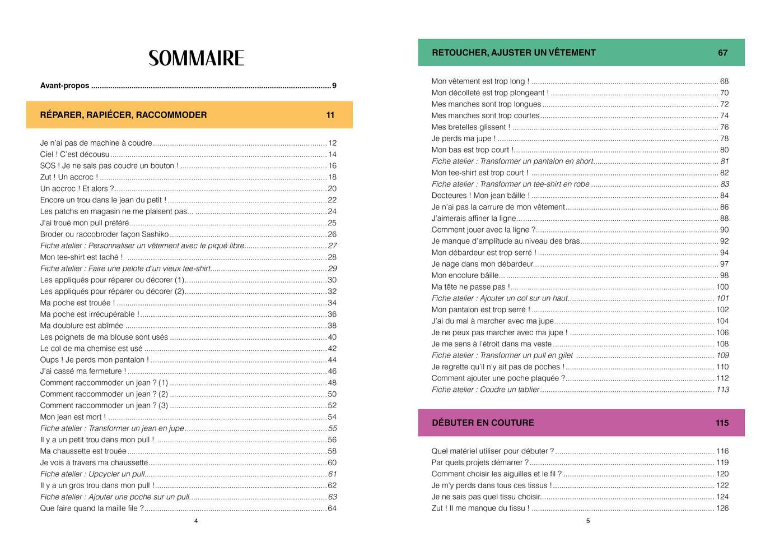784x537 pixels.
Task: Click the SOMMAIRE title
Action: click(196, 58)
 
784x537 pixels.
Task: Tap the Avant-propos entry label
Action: click(64, 86)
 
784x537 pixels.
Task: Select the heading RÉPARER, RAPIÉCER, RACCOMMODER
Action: click(123, 115)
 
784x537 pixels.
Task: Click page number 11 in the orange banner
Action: click(330, 115)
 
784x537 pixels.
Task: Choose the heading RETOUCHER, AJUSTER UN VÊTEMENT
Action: click(514, 53)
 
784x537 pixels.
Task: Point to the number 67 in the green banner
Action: click(722, 53)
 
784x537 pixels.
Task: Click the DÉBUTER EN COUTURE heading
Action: click(483, 423)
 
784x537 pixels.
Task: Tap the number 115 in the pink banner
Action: click(722, 423)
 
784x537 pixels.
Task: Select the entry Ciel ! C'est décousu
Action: click(75, 154)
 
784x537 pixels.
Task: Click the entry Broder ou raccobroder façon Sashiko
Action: click(104, 234)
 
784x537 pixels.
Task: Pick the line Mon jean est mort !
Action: click(73, 417)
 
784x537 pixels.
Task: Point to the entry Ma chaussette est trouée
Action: click(83, 451)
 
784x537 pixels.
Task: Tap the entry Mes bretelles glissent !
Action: click(470, 127)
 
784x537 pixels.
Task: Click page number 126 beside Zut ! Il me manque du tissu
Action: click(722, 508)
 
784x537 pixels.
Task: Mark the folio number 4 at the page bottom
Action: click(196, 521)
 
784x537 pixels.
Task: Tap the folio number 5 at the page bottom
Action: click(588, 521)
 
